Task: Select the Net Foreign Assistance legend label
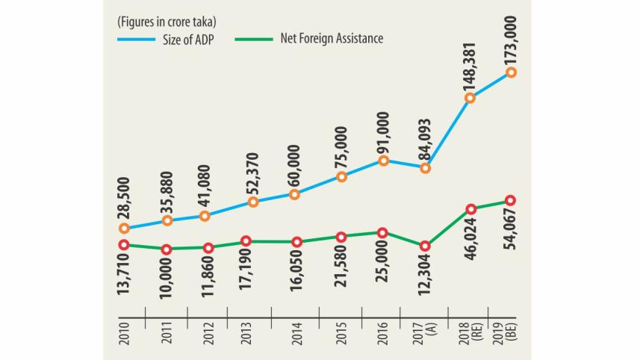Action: (x=332, y=39)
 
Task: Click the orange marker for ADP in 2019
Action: (x=511, y=72)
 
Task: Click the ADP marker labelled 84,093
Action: (x=425, y=168)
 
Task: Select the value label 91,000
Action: (x=384, y=132)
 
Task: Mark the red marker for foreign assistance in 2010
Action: (x=123, y=245)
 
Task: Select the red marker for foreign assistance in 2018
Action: (x=470, y=208)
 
